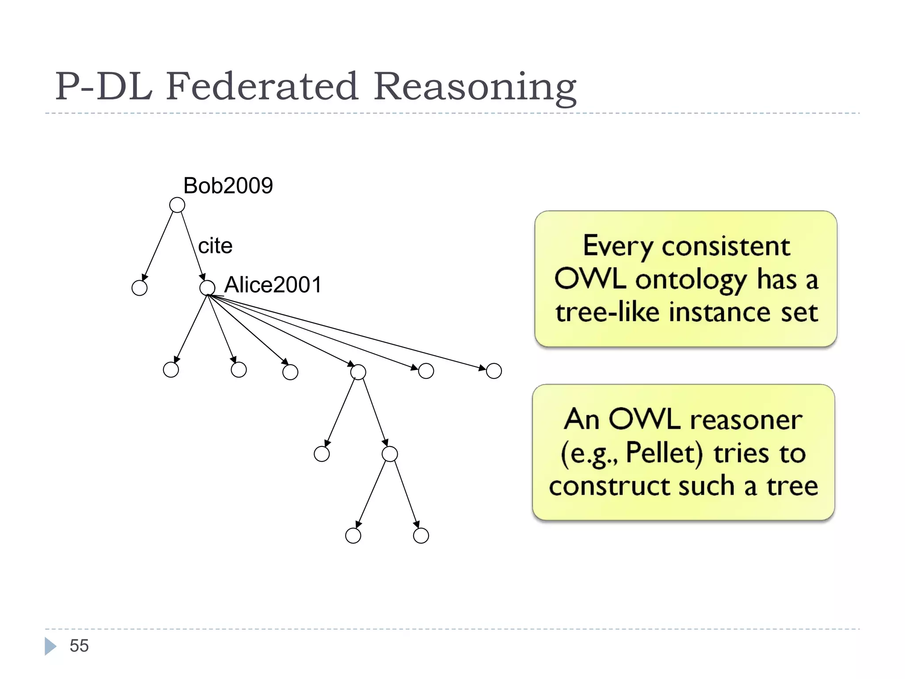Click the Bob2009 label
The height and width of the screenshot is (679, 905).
click(228, 186)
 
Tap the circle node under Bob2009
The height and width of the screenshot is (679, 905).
click(177, 205)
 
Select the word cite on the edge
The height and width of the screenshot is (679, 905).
click(215, 246)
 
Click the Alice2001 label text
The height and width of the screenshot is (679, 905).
click(273, 285)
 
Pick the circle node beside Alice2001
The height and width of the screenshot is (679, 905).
click(207, 288)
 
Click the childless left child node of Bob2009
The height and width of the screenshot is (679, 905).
click(140, 288)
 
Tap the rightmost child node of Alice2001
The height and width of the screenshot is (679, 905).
click(494, 371)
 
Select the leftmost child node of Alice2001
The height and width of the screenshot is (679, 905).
click(171, 370)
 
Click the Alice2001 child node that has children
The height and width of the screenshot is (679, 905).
click(358, 372)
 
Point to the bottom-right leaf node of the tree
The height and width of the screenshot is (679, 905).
click(421, 536)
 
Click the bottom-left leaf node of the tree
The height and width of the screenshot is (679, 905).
click(353, 536)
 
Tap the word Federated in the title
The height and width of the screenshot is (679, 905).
click(262, 86)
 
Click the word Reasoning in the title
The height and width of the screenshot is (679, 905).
click(475, 87)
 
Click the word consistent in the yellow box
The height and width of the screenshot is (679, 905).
click(726, 246)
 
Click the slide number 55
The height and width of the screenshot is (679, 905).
click(79, 646)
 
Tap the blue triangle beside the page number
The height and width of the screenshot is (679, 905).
click(50, 646)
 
